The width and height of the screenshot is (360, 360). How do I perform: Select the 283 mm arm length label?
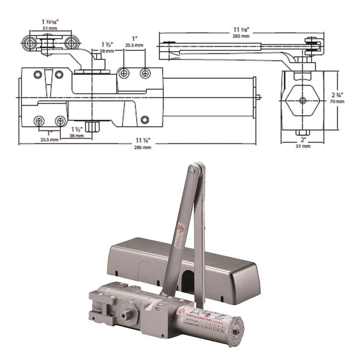click(242, 36)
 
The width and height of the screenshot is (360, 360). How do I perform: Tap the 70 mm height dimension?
click(338, 102)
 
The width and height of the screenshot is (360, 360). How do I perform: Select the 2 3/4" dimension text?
click(338, 95)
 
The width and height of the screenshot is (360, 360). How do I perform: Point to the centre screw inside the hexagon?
click(302, 100)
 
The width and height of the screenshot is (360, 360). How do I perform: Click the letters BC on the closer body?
click(157, 308)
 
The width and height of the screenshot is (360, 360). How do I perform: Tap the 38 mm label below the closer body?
click(77, 136)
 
